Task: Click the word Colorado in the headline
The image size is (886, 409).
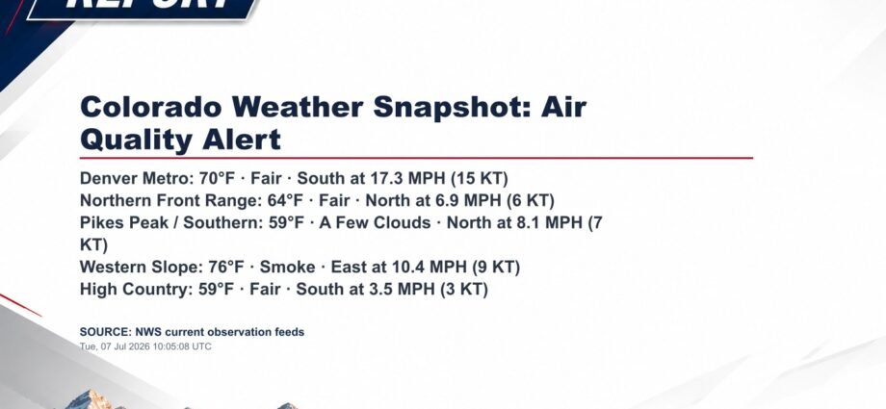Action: [151, 107]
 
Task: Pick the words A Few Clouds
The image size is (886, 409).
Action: [375, 222]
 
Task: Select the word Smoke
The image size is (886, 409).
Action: [287, 267]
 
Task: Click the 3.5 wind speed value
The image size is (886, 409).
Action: [389, 290]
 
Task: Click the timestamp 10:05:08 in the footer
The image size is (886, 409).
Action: [171, 346]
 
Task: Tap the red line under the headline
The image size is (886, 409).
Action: [416, 158]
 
